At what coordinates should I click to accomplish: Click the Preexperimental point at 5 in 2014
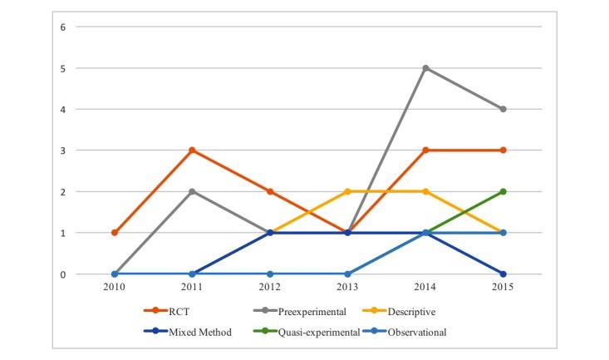point(425,68)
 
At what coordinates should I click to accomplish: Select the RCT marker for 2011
point(192,150)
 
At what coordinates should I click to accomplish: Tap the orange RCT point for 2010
point(115,233)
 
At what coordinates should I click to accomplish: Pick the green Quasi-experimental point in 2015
point(503,191)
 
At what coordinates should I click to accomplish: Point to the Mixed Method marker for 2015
point(503,274)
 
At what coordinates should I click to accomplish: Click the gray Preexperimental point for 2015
point(503,109)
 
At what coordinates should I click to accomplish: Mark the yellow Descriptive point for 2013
point(347,191)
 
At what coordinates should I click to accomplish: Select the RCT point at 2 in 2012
point(270,191)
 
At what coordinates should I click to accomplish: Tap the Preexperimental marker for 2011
point(192,191)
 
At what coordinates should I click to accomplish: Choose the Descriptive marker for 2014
point(425,191)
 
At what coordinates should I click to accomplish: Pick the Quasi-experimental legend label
point(323,332)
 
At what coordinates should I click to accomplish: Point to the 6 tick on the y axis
point(63,27)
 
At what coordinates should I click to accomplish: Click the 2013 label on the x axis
point(347,288)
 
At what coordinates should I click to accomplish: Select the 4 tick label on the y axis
point(63,109)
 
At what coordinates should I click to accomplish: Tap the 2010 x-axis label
point(115,288)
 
